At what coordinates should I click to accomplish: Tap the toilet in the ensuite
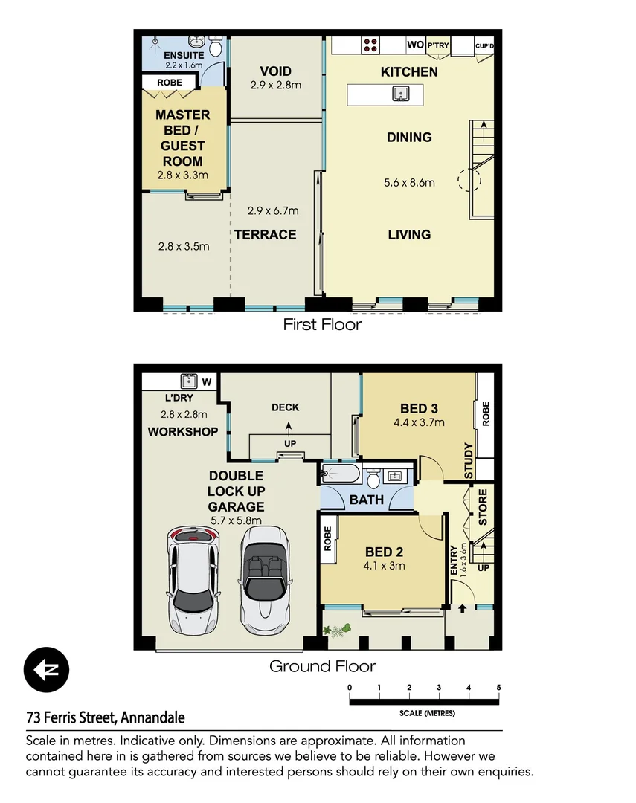coord(215,48)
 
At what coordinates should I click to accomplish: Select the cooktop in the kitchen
coord(371,45)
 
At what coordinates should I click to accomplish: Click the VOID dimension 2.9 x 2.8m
coord(275,85)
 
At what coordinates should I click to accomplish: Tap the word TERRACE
coord(265,235)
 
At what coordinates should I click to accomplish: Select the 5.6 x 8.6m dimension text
coord(408,183)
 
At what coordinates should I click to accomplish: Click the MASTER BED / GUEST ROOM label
coord(182,138)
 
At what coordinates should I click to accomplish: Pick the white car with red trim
coord(193,576)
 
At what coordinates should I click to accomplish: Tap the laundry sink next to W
coord(188,382)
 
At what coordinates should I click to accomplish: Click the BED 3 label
coord(418,408)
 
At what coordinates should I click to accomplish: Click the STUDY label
coord(469,461)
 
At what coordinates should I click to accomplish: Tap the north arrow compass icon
coord(46,670)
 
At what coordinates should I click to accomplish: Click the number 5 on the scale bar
coord(498,687)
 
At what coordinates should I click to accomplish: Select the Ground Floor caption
coord(322,666)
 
